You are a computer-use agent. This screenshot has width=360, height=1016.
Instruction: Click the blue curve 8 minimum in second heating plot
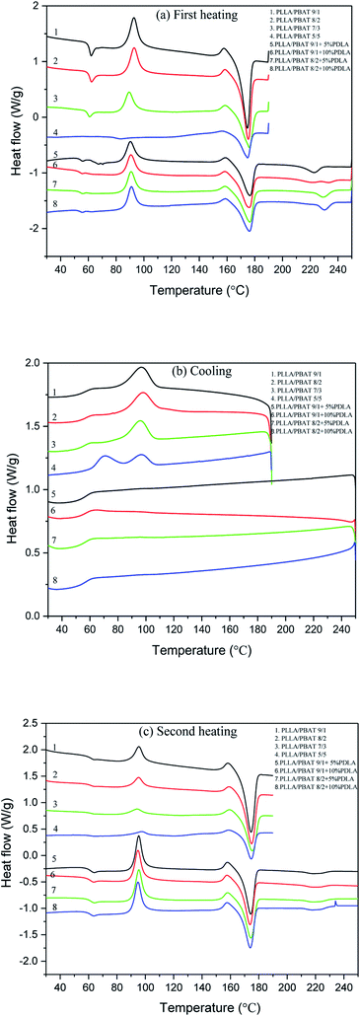251,948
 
